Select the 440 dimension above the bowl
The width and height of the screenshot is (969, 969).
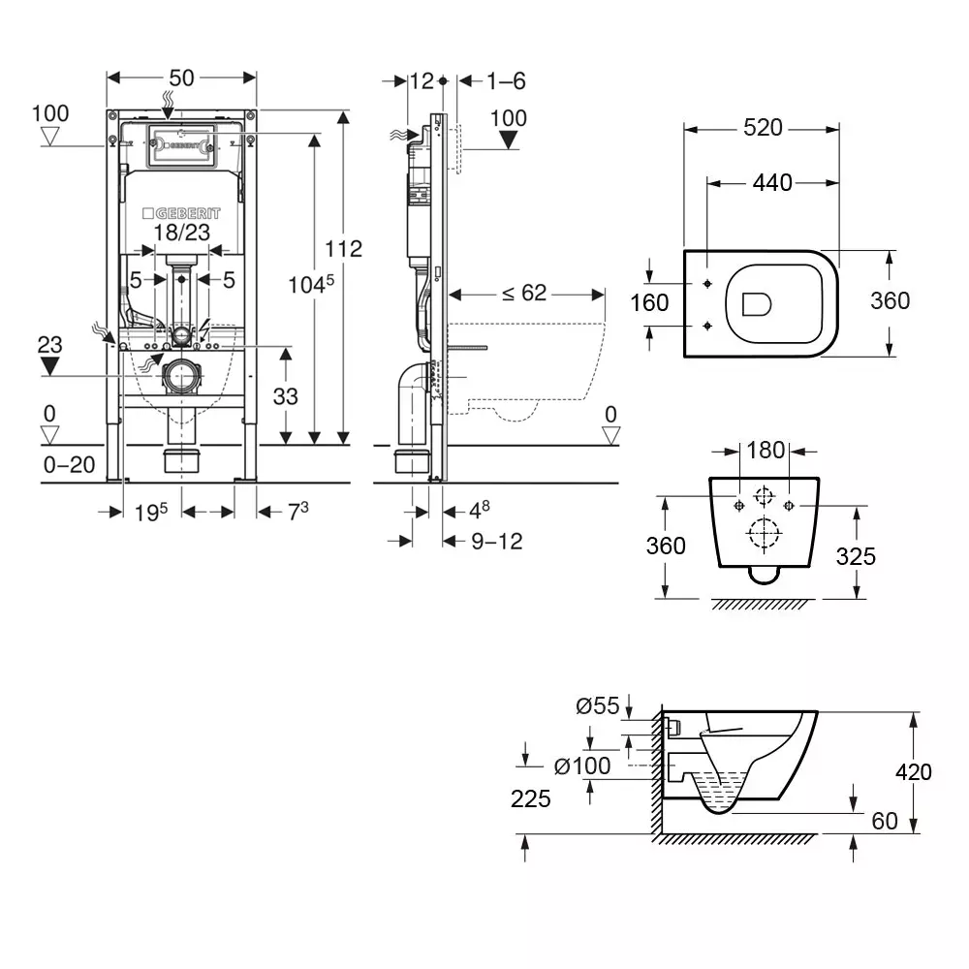click(771, 182)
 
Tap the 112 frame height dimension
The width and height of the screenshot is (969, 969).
click(343, 249)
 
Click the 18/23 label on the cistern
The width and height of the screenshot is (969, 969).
click(181, 232)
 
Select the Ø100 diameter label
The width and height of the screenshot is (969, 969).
click(582, 766)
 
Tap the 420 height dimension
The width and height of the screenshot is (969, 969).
click(912, 771)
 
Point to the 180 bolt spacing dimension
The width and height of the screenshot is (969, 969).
click(764, 452)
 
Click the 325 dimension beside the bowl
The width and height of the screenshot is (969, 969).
click(856, 555)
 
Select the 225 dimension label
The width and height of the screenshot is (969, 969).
click(531, 798)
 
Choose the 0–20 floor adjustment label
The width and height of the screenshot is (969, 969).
click(70, 465)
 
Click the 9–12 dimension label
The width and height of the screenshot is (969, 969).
click(496, 542)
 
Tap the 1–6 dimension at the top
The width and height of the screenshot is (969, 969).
click(506, 81)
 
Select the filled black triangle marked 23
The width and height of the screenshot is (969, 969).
click(51, 364)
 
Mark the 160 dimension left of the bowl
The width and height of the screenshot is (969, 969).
click(649, 303)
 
